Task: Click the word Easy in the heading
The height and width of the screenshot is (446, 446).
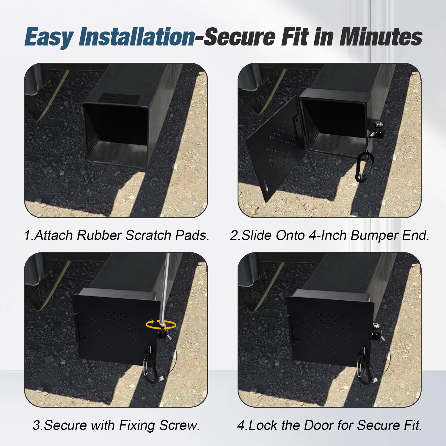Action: pyautogui.click(x=49, y=37)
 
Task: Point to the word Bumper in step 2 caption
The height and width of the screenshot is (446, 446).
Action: pyautogui.click(x=374, y=235)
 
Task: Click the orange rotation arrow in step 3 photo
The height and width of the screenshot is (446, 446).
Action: pyautogui.click(x=161, y=325)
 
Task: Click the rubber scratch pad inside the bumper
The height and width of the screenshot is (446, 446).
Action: pyautogui.click(x=119, y=98)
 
